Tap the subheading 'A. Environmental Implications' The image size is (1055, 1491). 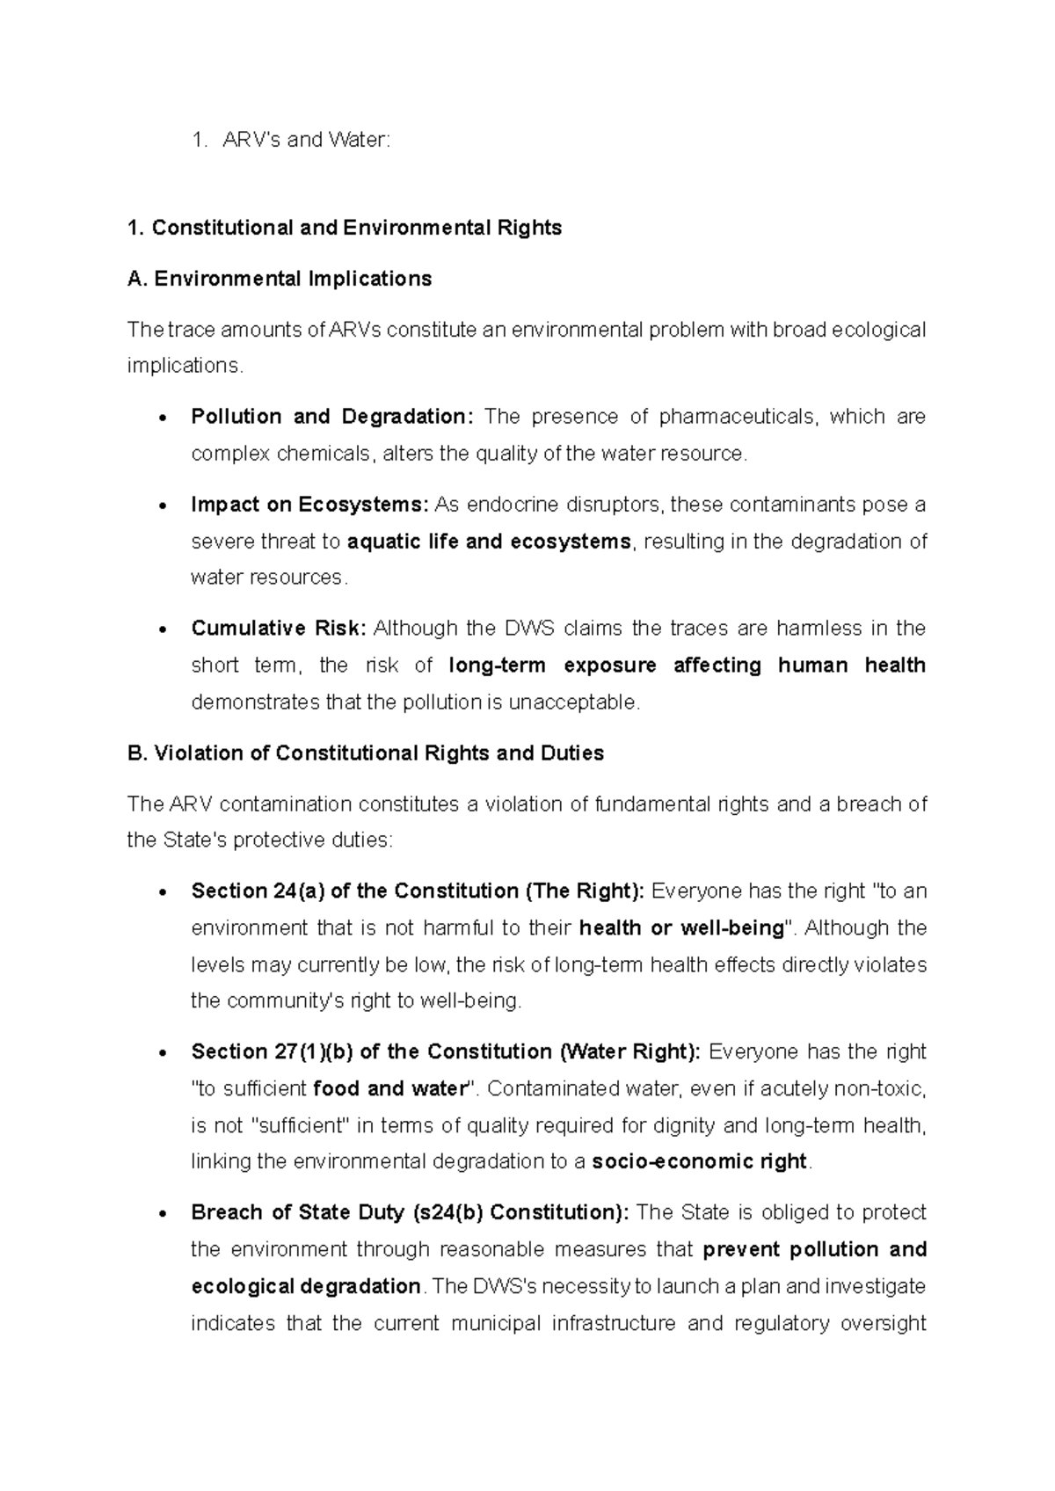point(280,279)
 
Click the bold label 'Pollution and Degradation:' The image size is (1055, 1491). point(332,417)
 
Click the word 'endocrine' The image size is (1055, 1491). point(513,505)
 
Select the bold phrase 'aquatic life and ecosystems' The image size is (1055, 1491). point(490,542)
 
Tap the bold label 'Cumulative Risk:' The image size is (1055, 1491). point(279,629)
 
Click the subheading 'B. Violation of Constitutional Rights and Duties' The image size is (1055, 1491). point(366,753)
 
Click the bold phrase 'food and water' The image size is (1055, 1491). point(388,1089)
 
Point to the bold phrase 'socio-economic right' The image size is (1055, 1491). point(699,1162)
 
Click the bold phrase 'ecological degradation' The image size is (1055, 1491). point(306,1287)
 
